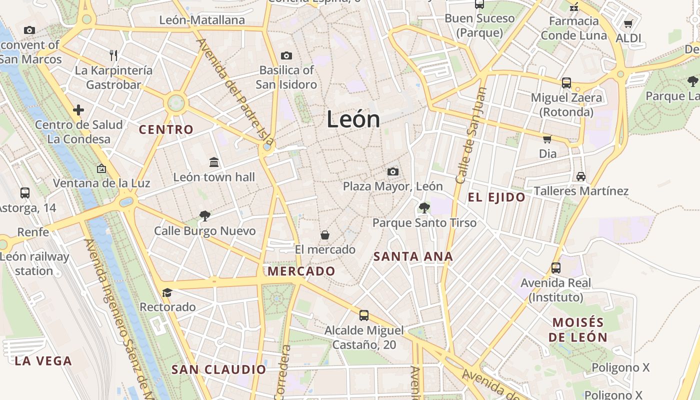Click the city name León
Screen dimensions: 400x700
click(353, 119)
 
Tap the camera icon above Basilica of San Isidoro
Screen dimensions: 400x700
click(286, 55)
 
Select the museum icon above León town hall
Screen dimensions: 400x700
click(214, 162)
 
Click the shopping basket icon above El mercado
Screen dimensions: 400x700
click(325, 234)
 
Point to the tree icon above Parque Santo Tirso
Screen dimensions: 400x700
click(424, 207)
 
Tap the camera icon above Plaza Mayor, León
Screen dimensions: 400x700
click(393, 172)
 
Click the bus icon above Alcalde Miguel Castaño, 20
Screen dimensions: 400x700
click(363, 315)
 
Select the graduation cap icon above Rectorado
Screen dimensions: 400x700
click(167, 292)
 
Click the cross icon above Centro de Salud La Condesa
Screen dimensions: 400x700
click(78, 110)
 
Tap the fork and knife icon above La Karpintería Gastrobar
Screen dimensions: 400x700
click(113, 55)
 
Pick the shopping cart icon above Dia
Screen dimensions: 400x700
click(547, 139)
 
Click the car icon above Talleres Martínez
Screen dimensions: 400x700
click(580, 176)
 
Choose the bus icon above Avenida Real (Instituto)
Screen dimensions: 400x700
click(555, 268)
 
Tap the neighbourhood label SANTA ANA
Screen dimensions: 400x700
click(413, 257)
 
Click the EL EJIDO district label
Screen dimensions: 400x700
click(496, 197)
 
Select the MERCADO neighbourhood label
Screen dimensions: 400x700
click(301, 271)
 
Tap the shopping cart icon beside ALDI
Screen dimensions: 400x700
click(628, 23)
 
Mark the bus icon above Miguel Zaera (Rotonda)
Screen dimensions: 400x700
click(566, 82)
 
